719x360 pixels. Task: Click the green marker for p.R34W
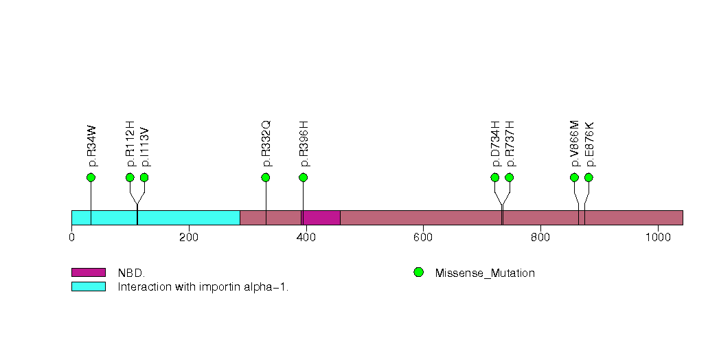point(91,177)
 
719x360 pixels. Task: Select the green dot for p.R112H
point(130,177)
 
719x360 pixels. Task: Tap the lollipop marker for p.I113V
point(144,177)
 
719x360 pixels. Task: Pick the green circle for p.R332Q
point(266,177)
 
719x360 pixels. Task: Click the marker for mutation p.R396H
point(304,177)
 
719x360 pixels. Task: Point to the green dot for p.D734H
point(495,177)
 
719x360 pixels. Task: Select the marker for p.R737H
point(510,177)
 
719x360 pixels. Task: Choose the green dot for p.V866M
point(574,177)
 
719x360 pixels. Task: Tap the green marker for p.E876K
point(589,177)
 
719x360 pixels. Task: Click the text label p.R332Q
point(266,144)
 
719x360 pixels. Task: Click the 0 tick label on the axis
point(71,238)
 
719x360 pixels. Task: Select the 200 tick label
point(189,238)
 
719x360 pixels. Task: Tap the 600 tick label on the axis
point(423,238)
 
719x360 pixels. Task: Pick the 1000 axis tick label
point(658,238)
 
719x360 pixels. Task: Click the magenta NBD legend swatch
point(88,273)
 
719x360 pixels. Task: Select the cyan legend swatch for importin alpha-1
point(88,286)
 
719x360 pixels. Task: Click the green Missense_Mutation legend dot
point(418,273)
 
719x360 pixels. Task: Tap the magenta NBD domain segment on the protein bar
point(321,217)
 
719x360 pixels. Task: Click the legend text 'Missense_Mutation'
point(485,273)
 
